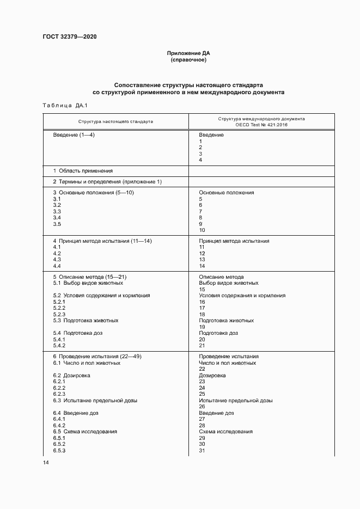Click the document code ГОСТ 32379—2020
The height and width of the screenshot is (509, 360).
[x=69, y=37]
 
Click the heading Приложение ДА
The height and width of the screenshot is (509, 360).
[x=188, y=53]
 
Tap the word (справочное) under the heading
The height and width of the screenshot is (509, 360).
[x=188, y=60]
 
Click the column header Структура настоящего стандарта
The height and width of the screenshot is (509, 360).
[x=115, y=121]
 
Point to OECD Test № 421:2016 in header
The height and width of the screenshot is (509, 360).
[x=261, y=125]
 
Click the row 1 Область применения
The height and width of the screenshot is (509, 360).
[x=83, y=170]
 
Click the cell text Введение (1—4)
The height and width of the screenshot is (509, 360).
[x=74, y=134]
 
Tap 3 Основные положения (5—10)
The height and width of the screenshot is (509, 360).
[x=93, y=193]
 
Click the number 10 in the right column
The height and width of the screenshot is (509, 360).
[x=202, y=230]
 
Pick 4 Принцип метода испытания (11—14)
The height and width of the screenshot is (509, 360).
[x=102, y=241]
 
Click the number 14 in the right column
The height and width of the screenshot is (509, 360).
[x=202, y=266]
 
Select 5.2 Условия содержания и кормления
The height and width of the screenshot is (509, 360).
[x=101, y=296]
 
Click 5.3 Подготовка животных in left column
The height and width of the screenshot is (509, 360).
[x=86, y=321]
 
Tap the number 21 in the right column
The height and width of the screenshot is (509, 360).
[x=202, y=346]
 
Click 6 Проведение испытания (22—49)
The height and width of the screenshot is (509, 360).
[x=97, y=356]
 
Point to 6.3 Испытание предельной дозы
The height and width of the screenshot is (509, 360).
[x=95, y=401]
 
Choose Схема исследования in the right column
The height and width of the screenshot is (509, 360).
[x=225, y=432]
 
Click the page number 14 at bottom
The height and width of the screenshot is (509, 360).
[x=45, y=462]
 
